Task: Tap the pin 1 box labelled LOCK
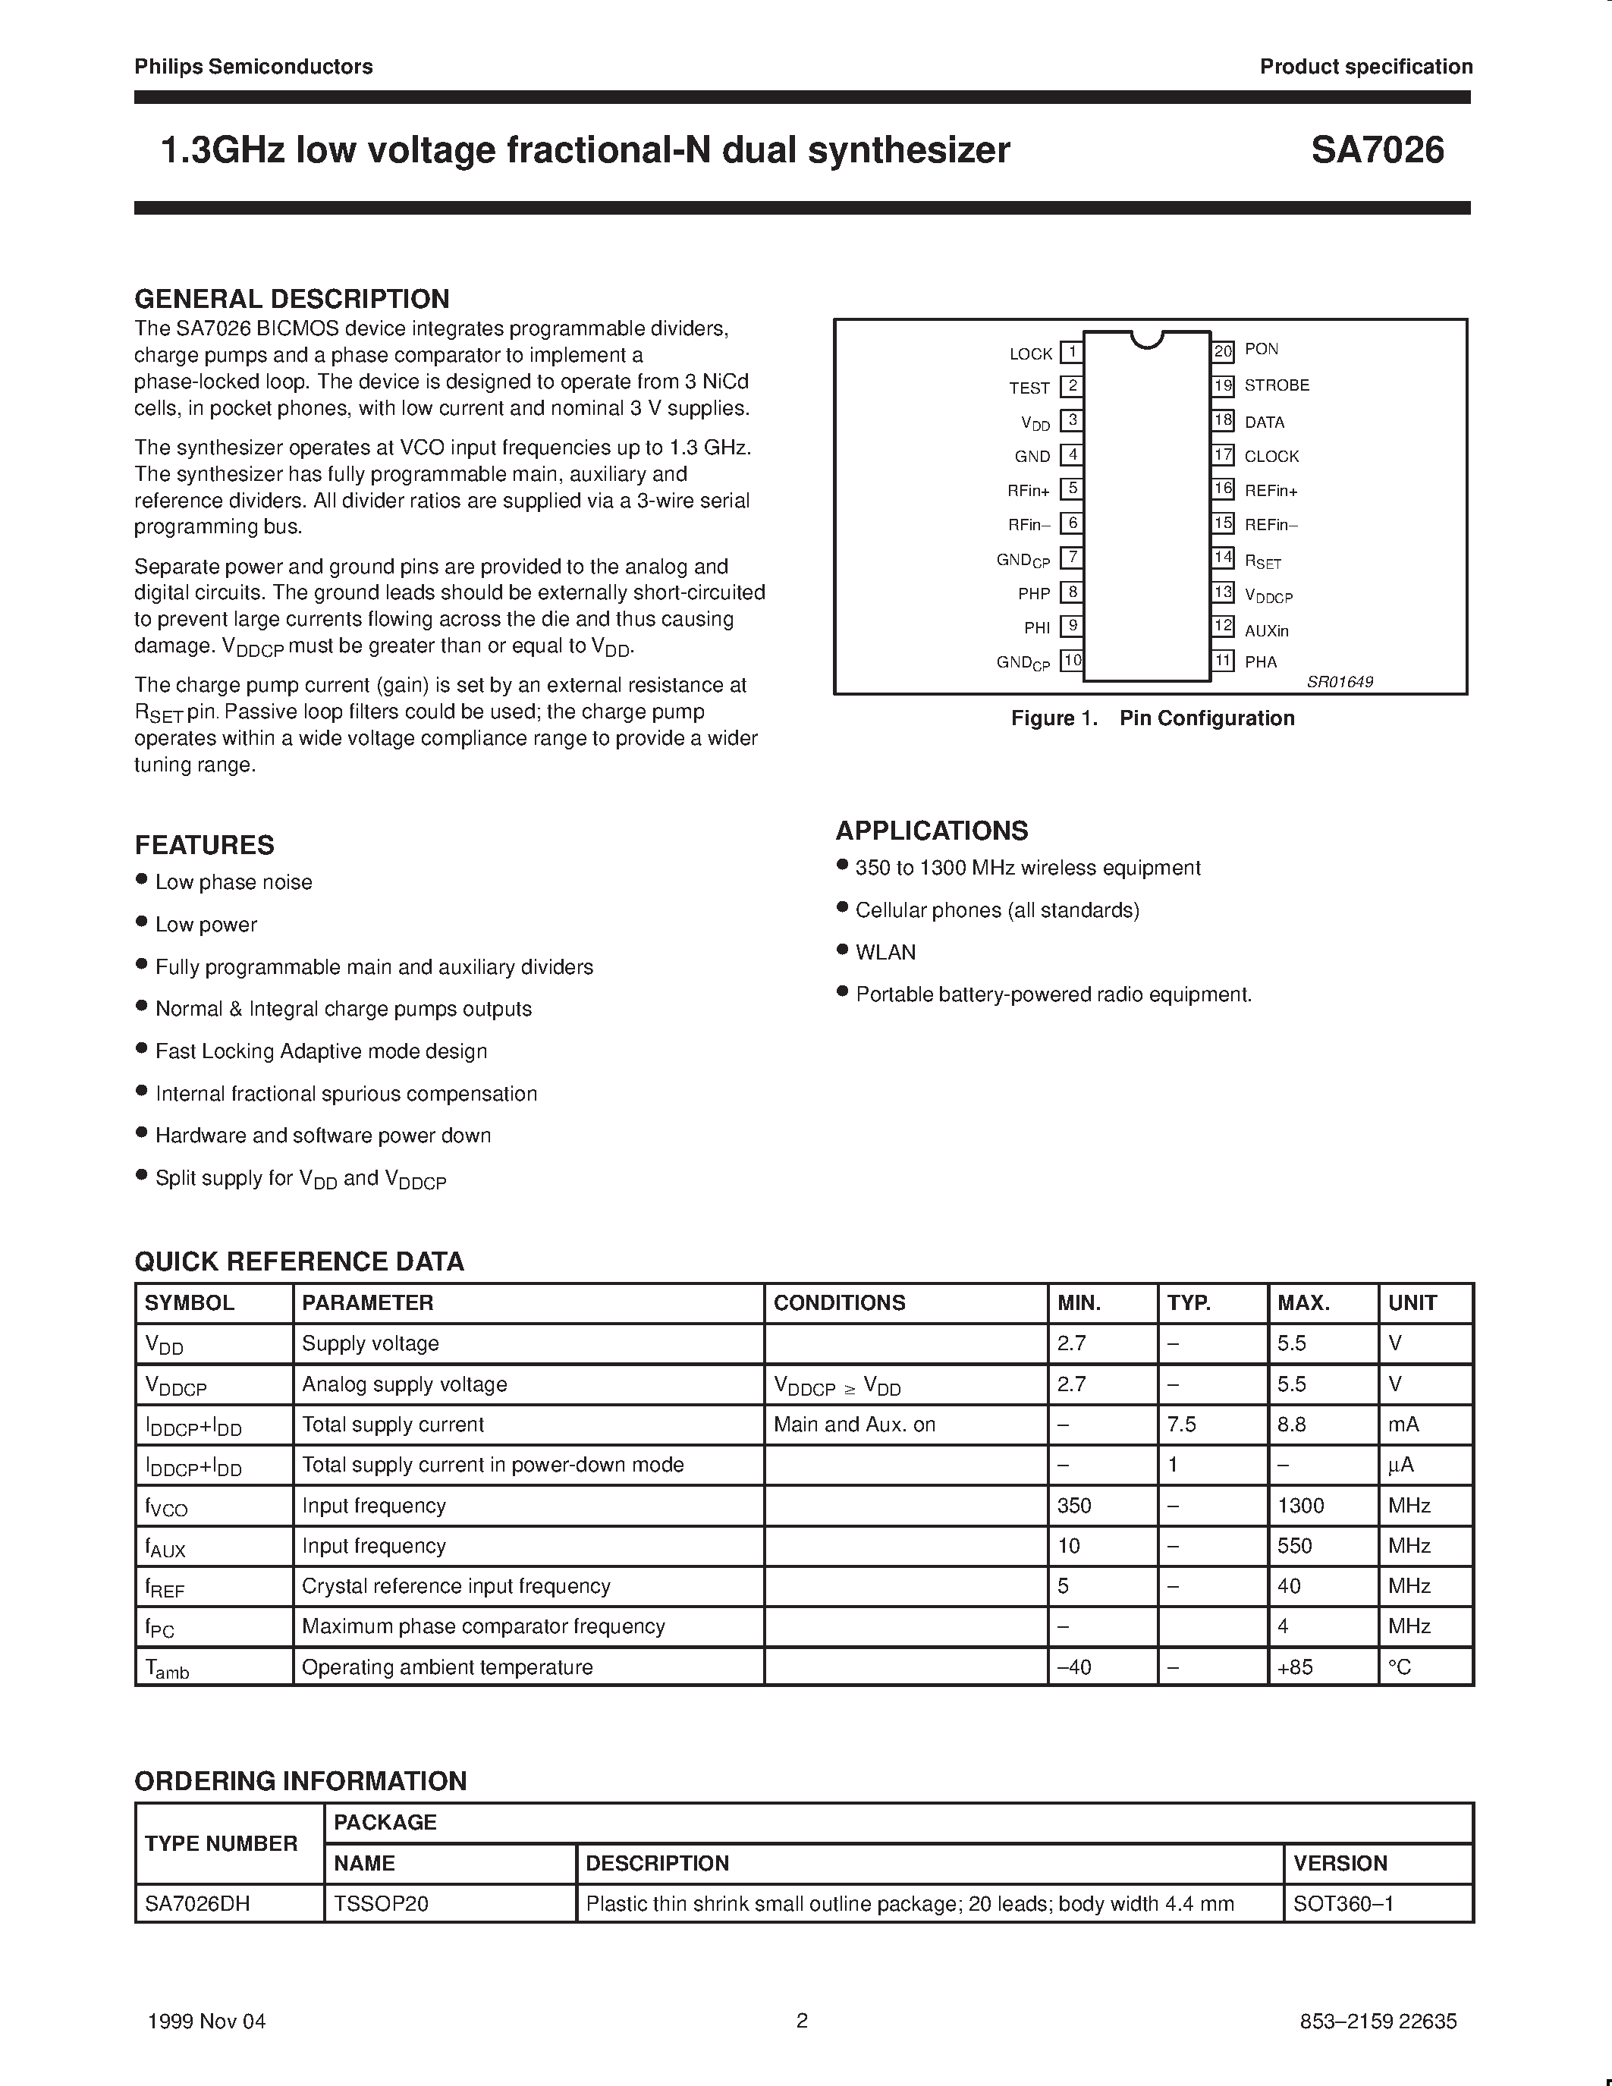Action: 1071,353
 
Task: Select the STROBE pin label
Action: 1276,385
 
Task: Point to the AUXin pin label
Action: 1266,630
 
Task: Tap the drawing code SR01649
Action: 1340,682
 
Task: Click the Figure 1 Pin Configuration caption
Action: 1152,718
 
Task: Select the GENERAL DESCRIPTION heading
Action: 291,299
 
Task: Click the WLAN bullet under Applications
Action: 885,952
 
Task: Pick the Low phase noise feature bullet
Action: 233,882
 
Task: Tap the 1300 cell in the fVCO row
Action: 1301,1505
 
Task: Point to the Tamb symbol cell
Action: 167,1667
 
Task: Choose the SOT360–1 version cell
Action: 1343,1904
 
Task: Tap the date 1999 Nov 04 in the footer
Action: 206,2020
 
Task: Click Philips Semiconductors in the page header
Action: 253,66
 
